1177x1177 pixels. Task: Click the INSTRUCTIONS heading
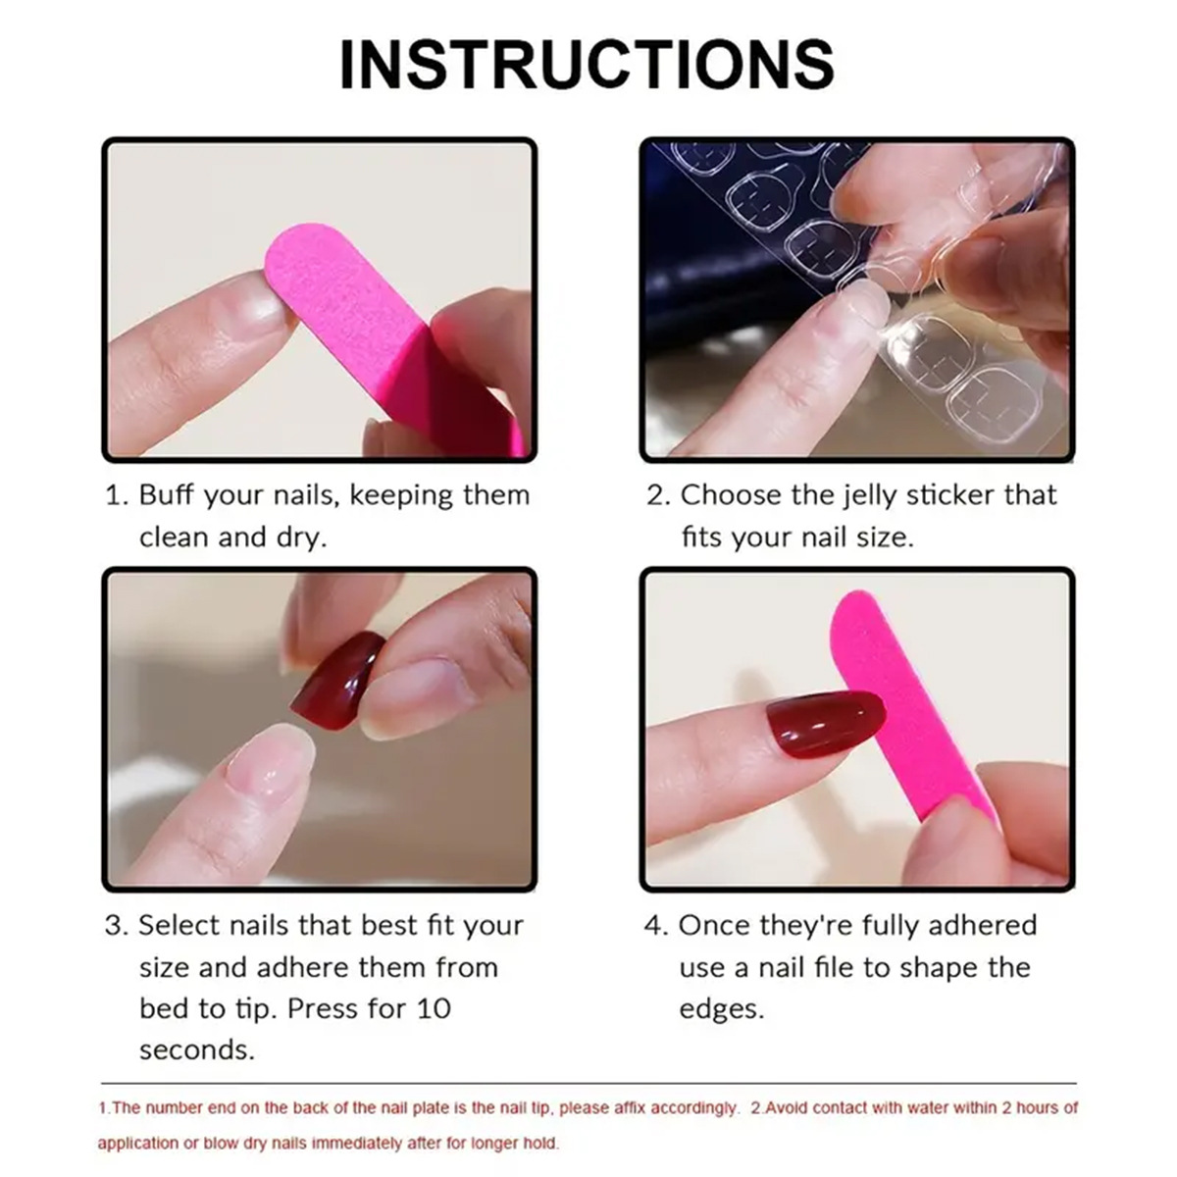coord(587,65)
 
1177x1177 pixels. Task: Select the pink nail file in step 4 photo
coord(902,706)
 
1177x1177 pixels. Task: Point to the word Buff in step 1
coord(167,495)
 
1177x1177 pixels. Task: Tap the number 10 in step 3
coord(429,1008)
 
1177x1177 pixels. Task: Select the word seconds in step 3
coord(196,1050)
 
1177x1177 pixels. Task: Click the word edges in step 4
coord(721,1009)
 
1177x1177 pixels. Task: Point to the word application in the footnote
coord(136,1144)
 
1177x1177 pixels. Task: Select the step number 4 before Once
coord(653,926)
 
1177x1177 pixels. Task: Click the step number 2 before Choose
coord(655,495)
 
